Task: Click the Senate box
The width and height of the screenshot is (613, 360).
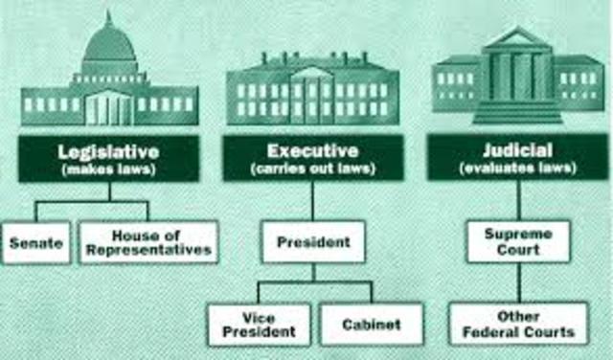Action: [x=35, y=243]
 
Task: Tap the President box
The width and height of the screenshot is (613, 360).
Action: [x=313, y=243]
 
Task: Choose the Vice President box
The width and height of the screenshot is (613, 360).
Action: [x=260, y=325]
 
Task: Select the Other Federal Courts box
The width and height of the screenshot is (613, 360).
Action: [x=518, y=325]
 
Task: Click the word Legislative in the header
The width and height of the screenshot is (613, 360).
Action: [x=108, y=151]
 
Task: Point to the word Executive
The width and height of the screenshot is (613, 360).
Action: [x=313, y=151]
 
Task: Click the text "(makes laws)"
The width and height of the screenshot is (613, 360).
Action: [x=108, y=169]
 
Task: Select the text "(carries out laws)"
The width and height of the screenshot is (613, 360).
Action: [x=313, y=169]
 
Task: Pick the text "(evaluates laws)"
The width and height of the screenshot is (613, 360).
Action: [x=518, y=169]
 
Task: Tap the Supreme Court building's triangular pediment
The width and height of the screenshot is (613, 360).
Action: [x=518, y=41]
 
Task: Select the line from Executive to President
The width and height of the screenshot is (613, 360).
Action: [x=313, y=201]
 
